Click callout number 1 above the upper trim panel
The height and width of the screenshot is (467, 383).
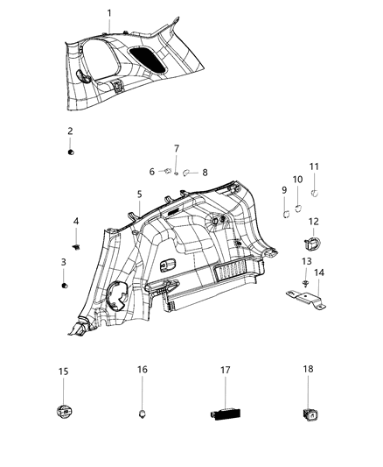point(109,12)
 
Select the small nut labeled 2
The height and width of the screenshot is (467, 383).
point(70,152)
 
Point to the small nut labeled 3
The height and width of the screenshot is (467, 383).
point(65,285)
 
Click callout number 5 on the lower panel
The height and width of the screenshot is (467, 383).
point(138,194)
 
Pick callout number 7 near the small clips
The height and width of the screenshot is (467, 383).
point(176,149)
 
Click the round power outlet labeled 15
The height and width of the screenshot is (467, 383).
point(64,410)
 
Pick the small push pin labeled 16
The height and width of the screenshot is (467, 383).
point(142,409)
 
